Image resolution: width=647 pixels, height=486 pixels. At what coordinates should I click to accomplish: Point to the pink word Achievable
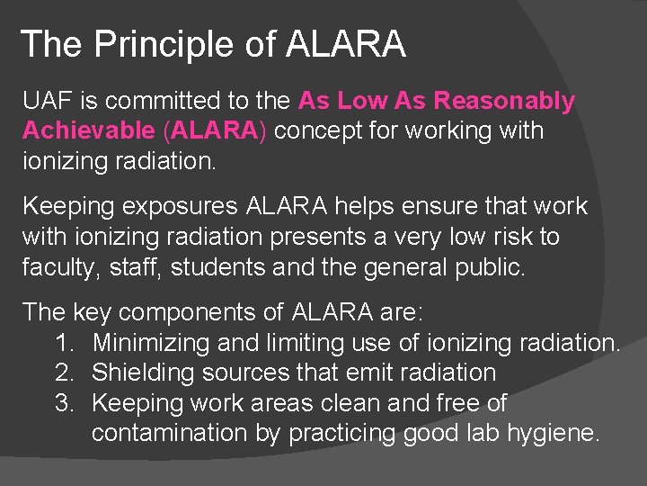pyautogui.click(x=89, y=130)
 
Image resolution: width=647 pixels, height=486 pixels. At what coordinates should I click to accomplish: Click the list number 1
pyautogui.click(x=62, y=343)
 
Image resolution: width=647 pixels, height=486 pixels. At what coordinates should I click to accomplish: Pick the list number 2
pyautogui.click(x=62, y=373)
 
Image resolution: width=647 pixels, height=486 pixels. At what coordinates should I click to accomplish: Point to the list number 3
pyautogui.click(x=62, y=403)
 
